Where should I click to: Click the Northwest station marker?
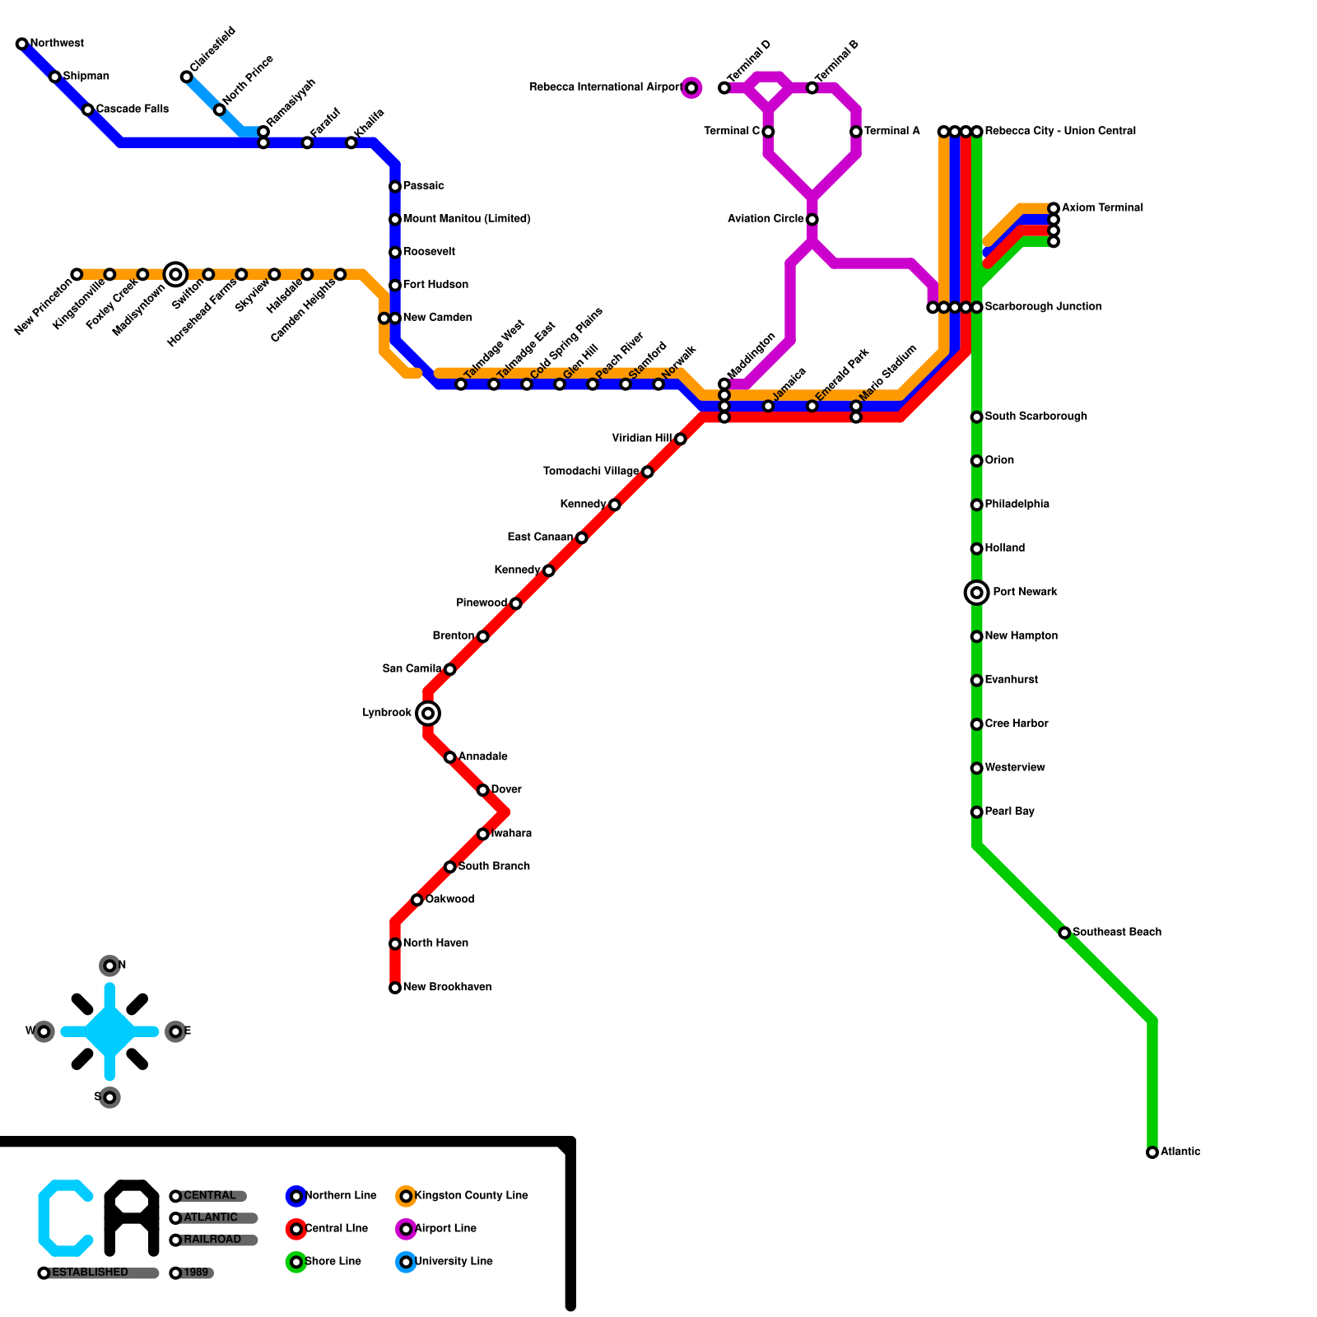tap(22, 44)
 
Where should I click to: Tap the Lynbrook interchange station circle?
tap(428, 713)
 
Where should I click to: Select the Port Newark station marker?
tap(976, 592)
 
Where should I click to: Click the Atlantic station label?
tap(1180, 1152)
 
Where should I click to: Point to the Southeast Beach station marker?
tap(1064, 933)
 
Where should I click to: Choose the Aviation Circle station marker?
tap(812, 219)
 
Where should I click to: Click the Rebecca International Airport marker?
tap(691, 87)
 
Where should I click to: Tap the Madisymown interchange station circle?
tap(175, 274)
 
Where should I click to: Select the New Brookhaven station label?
tap(447, 987)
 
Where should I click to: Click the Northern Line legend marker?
tap(296, 1196)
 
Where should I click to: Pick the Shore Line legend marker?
tap(296, 1262)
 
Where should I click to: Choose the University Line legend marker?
tap(406, 1262)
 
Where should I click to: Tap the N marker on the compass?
tap(109, 966)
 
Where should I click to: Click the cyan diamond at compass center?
tap(109, 1031)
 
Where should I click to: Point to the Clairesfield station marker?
tap(187, 77)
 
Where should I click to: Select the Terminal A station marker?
tap(856, 132)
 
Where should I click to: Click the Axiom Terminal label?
tap(1102, 207)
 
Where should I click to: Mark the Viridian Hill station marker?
tap(680, 439)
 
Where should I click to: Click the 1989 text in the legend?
tap(196, 1273)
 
